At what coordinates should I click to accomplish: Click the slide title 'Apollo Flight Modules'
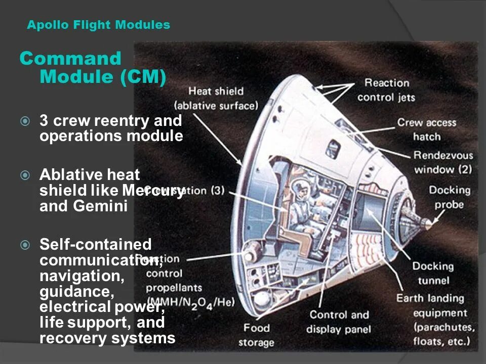(98, 25)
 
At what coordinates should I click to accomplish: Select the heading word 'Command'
(70, 59)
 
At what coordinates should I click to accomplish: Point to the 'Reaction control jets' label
(386, 90)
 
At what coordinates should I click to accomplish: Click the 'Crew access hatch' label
(426, 129)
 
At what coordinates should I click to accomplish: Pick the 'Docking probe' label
(449, 197)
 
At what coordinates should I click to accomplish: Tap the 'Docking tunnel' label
(433, 273)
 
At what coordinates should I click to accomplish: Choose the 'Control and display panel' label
(339, 322)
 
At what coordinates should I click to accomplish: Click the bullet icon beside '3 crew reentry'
(25, 121)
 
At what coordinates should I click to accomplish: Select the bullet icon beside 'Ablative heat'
(25, 175)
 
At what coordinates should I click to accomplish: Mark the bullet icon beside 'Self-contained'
(25, 245)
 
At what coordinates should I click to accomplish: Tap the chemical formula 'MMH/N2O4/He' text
(190, 302)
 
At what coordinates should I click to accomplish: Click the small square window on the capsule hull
(333, 148)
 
